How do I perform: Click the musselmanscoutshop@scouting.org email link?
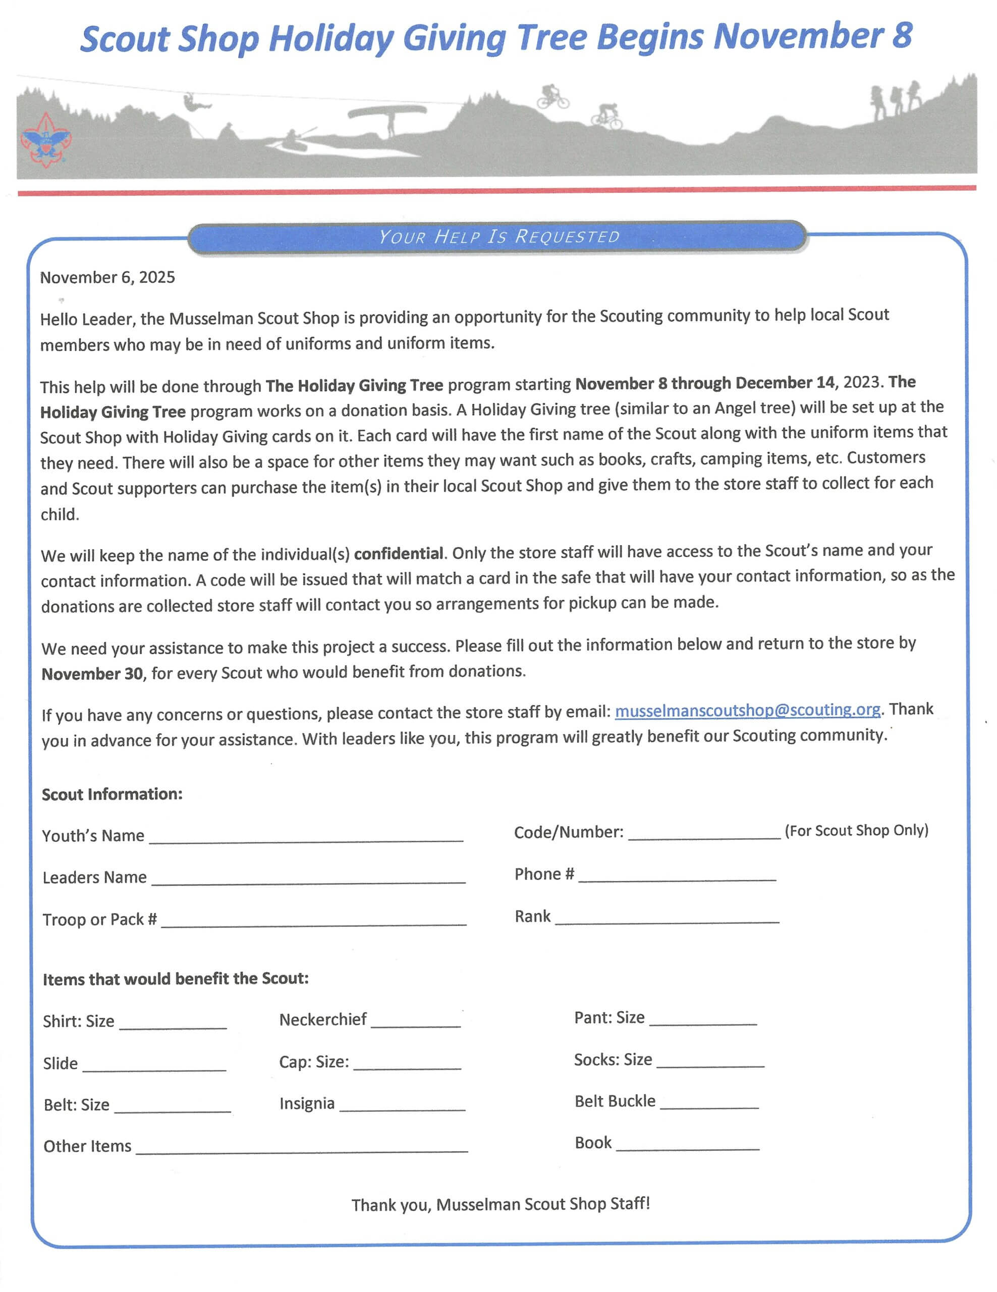pos(747,710)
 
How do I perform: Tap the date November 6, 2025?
pos(107,278)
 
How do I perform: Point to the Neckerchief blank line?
pos(415,1024)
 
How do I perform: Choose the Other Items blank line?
pos(302,1149)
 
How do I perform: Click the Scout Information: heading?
pos(112,794)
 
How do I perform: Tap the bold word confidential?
pos(398,554)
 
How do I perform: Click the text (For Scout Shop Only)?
pos(856,831)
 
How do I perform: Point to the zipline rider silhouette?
pos(193,102)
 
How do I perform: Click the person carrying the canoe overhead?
pos(391,123)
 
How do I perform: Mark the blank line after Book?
pos(687,1146)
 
